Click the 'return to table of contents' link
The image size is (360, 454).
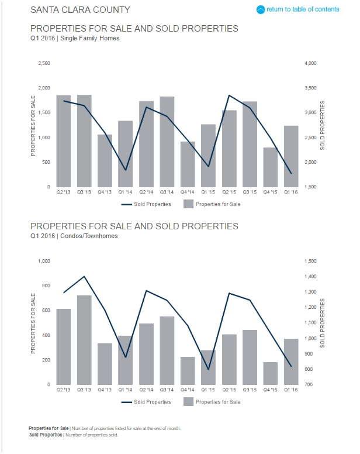coord(302,9)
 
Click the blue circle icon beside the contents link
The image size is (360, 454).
coord(261,9)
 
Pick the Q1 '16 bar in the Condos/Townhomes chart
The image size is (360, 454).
coord(291,362)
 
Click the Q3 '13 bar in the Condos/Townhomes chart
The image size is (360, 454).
coord(84,340)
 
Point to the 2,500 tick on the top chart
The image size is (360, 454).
coord(44,63)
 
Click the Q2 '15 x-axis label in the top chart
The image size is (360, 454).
coord(229,191)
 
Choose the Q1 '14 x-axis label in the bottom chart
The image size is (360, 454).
coord(125,389)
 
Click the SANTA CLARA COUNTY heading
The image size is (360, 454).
coord(80,10)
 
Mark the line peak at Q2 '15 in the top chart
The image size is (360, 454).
coord(229,95)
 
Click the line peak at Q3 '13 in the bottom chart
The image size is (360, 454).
coord(84,276)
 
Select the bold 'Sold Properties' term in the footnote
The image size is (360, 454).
coord(46,435)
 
